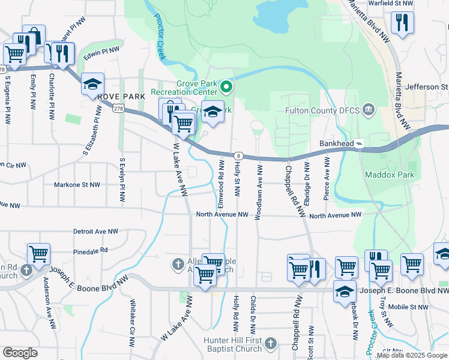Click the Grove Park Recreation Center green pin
(226, 88)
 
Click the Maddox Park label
(390, 175)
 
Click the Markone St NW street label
(77, 185)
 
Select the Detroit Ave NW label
(95, 231)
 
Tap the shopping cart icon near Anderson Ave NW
(38, 254)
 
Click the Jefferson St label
(427, 87)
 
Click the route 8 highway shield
(238, 155)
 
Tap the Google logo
(20, 353)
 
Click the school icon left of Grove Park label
(93, 84)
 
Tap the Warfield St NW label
(392, 4)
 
